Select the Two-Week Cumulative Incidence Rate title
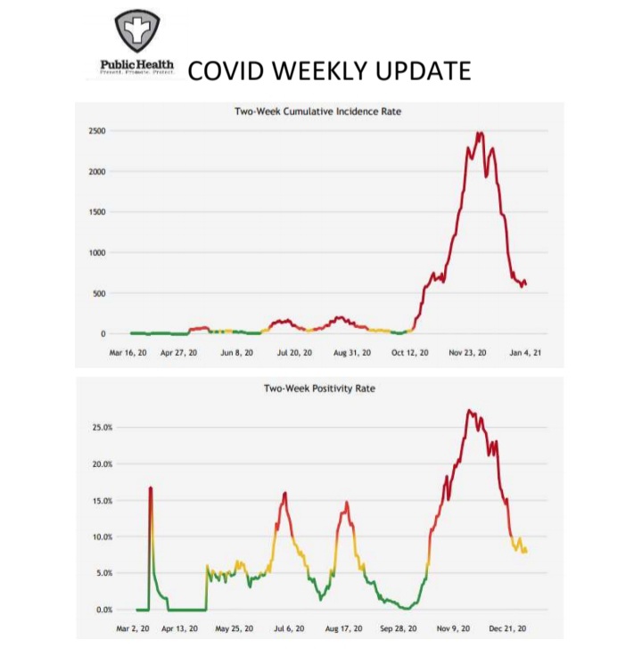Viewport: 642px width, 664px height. (x=320, y=111)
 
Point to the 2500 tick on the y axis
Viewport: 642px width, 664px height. (x=96, y=131)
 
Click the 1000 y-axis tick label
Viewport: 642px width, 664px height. (x=96, y=253)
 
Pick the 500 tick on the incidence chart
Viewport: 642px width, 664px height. (x=99, y=293)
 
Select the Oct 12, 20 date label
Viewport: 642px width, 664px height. (x=409, y=353)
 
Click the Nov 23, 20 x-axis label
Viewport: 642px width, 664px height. (x=469, y=353)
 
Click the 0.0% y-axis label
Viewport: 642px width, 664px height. (x=103, y=610)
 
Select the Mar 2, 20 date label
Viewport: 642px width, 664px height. (x=136, y=628)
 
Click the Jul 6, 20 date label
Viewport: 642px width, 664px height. (x=287, y=628)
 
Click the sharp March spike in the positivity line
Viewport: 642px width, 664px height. (x=151, y=488)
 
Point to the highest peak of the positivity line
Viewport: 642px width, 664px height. (x=469, y=411)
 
